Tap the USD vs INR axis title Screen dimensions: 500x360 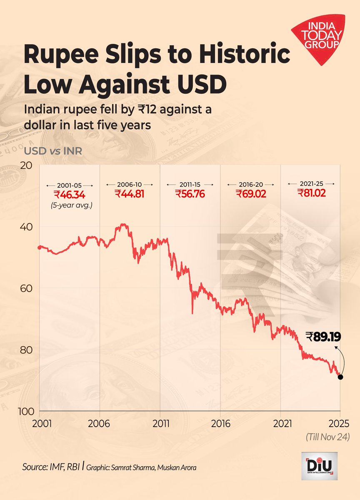[53, 150]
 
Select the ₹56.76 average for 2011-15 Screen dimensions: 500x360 [190, 194]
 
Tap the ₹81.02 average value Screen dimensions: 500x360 [312, 193]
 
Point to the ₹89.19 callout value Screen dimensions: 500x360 [323, 337]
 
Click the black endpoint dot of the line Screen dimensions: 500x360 [340, 377]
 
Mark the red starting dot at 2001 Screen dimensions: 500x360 [40, 247]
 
